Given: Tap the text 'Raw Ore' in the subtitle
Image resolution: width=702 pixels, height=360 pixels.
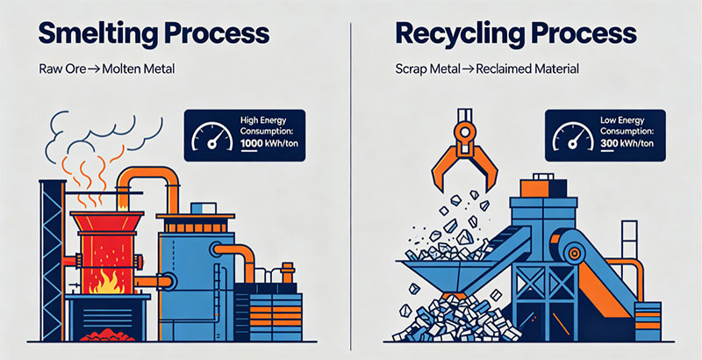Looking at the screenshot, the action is pyautogui.click(x=61, y=69).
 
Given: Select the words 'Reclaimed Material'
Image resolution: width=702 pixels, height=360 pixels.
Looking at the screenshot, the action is pyautogui.click(x=527, y=69).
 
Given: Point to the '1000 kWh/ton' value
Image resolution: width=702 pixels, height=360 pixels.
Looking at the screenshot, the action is pyautogui.click(x=269, y=144).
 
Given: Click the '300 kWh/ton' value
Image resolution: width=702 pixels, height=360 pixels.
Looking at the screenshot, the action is pyautogui.click(x=627, y=144).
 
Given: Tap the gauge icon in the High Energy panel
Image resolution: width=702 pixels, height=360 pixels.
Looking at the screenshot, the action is pyautogui.click(x=211, y=136).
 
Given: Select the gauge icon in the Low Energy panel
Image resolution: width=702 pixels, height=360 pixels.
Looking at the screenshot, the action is pyautogui.click(x=573, y=136).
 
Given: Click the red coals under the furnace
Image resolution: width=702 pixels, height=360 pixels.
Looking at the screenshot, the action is pyautogui.click(x=107, y=334).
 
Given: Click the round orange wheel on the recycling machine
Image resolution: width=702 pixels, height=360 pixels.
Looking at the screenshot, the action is pyautogui.click(x=574, y=254).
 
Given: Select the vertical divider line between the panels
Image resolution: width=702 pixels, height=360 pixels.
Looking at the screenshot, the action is pyautogui.click(x=350, y=187).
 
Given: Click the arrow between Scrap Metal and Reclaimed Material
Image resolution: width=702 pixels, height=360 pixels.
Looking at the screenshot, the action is pyautogui.click(x=469, y=70).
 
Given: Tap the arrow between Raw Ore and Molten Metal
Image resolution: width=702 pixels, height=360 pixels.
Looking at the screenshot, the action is pyautogui.click(x=94, y=70).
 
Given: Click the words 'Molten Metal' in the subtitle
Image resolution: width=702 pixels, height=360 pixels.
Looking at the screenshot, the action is pyautogui.click(x=139, y=69).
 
